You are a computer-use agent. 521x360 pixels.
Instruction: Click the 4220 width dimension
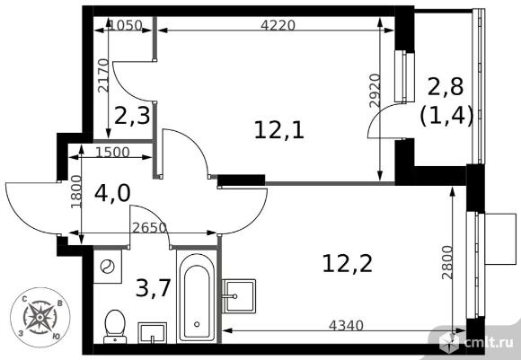pyautogui.click(x=278, y=25)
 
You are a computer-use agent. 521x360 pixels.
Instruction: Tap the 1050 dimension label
pyautogui.click(x=126, y=25)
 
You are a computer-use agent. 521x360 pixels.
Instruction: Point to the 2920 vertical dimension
pyautogui.click(x=375, y=91)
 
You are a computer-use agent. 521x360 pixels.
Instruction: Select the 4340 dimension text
pyautogui.click(x=346, y=326)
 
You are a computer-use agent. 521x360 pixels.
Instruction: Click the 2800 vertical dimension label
pyautogui.click(x=447, y=262)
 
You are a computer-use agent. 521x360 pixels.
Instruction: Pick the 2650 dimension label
pyautogui.click(x=149, y=228)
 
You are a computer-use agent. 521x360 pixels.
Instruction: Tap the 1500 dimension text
pyautogui.click(x=112, y=152)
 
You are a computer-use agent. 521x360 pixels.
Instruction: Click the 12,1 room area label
pyautogui.click(x=279, y=130)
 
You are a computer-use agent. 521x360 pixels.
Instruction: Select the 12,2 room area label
pyautogui.click(x=348, y=264)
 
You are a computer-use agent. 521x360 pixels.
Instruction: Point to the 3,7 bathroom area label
pyautogui.click(x=154, y=287)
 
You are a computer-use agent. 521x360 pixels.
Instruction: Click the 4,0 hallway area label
pyautogui.click(x=112, y=194)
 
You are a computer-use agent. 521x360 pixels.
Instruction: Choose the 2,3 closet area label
pyautogui.click(x=132, y=116)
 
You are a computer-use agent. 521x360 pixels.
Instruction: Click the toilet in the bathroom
pyautogui.click(x=115, y=327)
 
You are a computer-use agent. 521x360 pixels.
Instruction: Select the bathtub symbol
pyautogui.click(x=197, y=296)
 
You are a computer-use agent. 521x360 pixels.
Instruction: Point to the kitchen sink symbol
pyautogui.click(x=239, y=296)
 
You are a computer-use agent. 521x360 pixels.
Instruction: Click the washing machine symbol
pyautogui.click(x=107, y=267)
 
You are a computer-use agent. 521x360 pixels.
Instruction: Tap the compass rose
pyautogui.click(x=40, y=317)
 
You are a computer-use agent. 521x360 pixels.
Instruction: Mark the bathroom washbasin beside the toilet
pyautogui.click(x=153, y=332)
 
